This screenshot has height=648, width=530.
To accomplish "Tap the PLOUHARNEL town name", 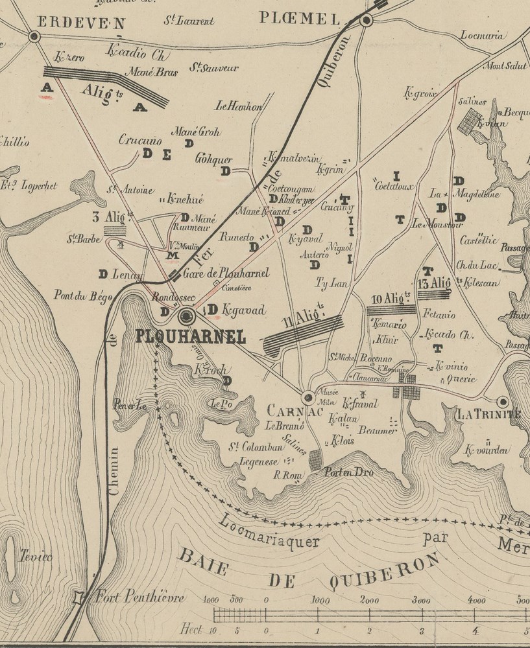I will click(x=191, y=337).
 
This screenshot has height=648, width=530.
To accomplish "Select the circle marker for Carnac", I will click(x=308, y=397).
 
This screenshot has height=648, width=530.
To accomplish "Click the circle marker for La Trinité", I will click(x=502, y=402).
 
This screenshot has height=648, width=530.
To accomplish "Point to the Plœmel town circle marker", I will click(x=366, y=21).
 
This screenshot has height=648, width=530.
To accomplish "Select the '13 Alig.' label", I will click(x=434, y=283).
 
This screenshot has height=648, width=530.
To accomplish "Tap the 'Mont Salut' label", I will click(x=505, y=66).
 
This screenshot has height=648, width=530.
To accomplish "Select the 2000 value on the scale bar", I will click(x=370, y=600).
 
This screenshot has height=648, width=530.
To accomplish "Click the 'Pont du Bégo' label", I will click(x=83, y=297).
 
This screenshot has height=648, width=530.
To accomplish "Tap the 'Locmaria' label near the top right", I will click(x=482, y=36).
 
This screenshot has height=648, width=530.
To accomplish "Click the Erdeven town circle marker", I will click(x=34, y=37).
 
